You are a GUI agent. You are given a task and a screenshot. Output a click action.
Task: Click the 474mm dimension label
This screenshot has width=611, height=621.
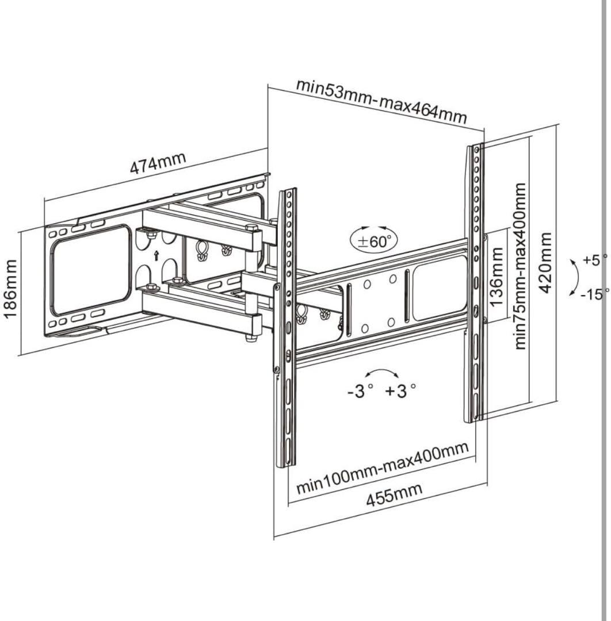tap(158, 162)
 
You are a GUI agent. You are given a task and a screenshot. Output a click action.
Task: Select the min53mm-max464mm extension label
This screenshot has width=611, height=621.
tap(381, 101)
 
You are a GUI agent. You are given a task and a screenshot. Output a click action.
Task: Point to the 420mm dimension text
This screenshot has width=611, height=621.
tap(545, 263)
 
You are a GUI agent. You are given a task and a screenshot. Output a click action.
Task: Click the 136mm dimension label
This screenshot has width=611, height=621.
tap(497, 277)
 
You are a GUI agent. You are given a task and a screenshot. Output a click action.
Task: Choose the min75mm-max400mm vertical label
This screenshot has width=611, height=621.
tap(520, 266)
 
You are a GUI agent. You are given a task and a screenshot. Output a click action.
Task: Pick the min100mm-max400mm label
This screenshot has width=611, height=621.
tap(383, 467)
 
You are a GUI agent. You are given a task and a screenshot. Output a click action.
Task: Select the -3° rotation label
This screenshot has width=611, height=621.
tap(360, 391)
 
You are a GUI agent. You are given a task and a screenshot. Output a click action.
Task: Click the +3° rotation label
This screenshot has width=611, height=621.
tap(400, 391)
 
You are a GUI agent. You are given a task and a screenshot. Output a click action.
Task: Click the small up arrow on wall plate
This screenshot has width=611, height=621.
tap(156, 255)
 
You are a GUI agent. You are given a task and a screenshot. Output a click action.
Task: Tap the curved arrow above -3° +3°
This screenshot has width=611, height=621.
tap(381, 371)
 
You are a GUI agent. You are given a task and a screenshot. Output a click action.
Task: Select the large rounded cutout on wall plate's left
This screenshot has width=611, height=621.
tap(91, 269)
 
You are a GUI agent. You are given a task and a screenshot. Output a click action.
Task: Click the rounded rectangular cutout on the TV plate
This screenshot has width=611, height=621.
tap(440, 288)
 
